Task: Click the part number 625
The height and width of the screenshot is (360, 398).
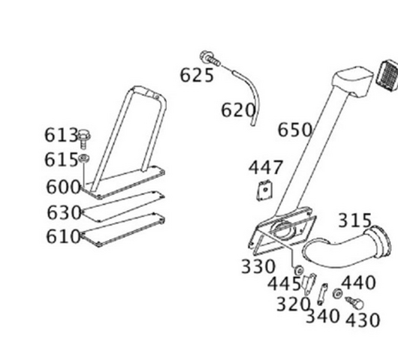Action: (197, 76)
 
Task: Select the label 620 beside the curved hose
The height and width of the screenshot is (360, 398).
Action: (238, 110)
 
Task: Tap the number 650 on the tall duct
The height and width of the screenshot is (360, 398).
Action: (294, 130)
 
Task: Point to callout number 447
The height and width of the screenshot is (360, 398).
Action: (265, 167)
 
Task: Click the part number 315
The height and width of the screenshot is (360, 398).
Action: (355, 220)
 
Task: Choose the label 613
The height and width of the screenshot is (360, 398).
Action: (61, 135)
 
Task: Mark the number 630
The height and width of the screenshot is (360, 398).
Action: (64, 212)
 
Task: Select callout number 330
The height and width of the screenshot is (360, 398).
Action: (258, 266)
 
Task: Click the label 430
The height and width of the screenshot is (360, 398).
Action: (363, 320)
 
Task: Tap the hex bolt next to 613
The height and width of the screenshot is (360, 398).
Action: (84, 139)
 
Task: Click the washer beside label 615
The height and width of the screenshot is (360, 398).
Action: (84, 158)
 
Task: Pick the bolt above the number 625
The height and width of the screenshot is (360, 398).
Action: (210, 58)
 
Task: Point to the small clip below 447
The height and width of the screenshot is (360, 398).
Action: (265, 190)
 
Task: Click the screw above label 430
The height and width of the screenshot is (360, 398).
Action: (354, 303)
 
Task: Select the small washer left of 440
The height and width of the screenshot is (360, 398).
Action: (337, 293)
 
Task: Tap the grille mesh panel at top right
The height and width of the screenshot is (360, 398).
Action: (387, 75)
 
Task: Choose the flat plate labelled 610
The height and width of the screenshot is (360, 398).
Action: (123, 229)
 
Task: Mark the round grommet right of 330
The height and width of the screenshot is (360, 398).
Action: (299, 270)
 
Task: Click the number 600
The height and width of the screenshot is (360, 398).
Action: (63, 187)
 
